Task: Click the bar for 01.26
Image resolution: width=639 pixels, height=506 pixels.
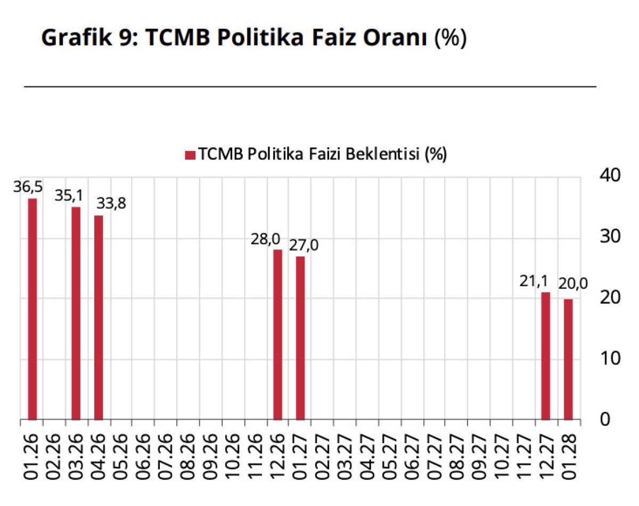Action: [32, 309]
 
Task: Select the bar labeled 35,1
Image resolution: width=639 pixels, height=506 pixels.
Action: [76, 313]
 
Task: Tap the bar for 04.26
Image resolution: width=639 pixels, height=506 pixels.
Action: [98, 317]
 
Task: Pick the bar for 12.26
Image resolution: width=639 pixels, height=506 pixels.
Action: [277, 334]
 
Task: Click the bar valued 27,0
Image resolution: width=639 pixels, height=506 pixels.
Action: [300, 338]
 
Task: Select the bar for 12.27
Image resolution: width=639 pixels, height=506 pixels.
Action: [546, 355]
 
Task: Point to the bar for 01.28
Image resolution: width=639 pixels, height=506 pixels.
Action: [568, 359]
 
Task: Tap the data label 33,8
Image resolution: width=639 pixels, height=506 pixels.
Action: [111, 204]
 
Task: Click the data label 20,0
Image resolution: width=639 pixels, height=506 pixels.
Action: [573, 284]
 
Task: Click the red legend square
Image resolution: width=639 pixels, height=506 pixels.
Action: [190, 155]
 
